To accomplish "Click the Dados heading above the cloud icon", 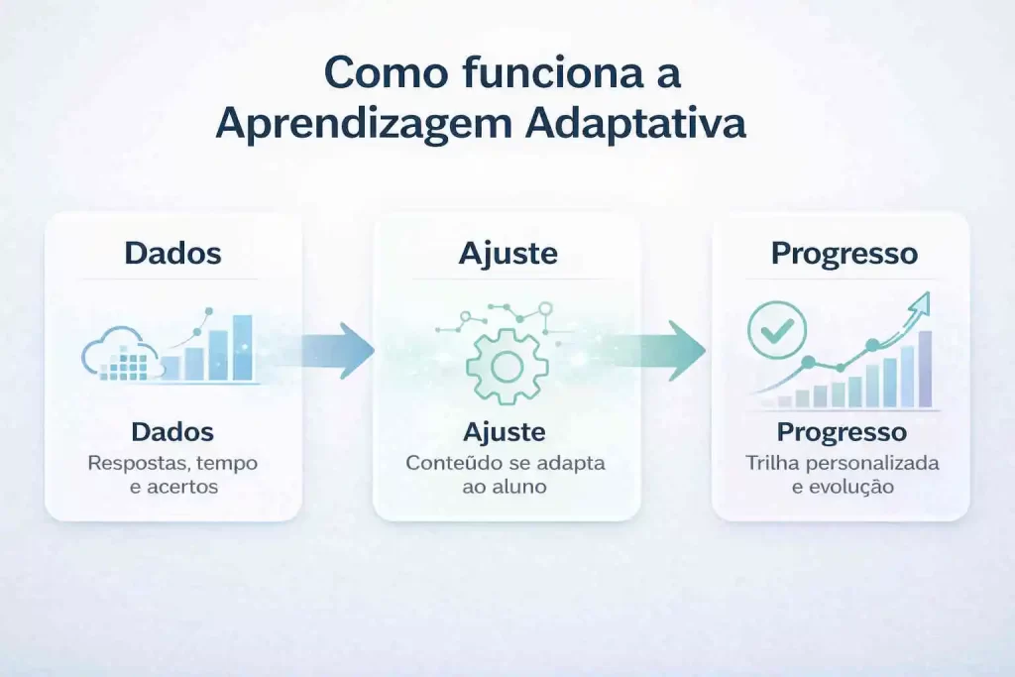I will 173,253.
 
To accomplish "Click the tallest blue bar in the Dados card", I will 242,348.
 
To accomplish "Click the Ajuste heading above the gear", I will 507,253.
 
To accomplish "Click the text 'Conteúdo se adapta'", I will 506,463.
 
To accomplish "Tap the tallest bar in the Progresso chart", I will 925,369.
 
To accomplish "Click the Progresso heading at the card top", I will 844,253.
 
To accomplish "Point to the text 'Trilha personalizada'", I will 842,463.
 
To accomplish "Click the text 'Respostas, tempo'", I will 172,463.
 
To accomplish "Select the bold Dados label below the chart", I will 172,433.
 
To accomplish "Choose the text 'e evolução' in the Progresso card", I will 842,488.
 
